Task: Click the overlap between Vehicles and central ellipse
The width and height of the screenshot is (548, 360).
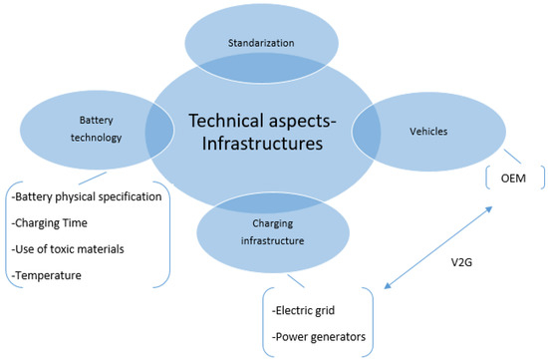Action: click(367, 128)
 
